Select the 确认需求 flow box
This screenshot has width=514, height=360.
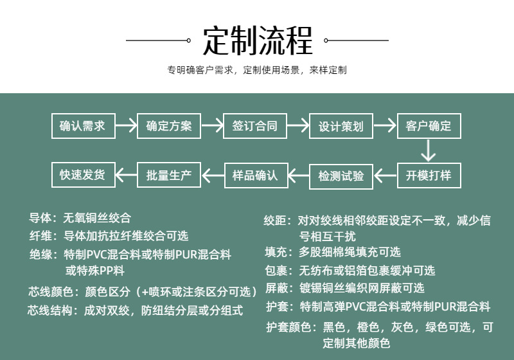[x=83, y=126]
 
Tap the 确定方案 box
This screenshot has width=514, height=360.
[x=169, y=126]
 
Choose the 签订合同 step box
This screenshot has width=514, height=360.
[x=255, y=126]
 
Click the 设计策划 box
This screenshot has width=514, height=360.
[x=341, y=126]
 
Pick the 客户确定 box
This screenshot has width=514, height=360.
[x=429, y=126]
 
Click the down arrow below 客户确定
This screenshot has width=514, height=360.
[x=429, y=151]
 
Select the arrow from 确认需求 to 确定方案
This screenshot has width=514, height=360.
[x=126, y=126]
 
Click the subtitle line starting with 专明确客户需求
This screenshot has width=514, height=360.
[x=257, y=70]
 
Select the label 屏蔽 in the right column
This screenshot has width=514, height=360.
[x=276, y=288]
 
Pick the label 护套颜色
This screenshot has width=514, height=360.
[x=287, y=327]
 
